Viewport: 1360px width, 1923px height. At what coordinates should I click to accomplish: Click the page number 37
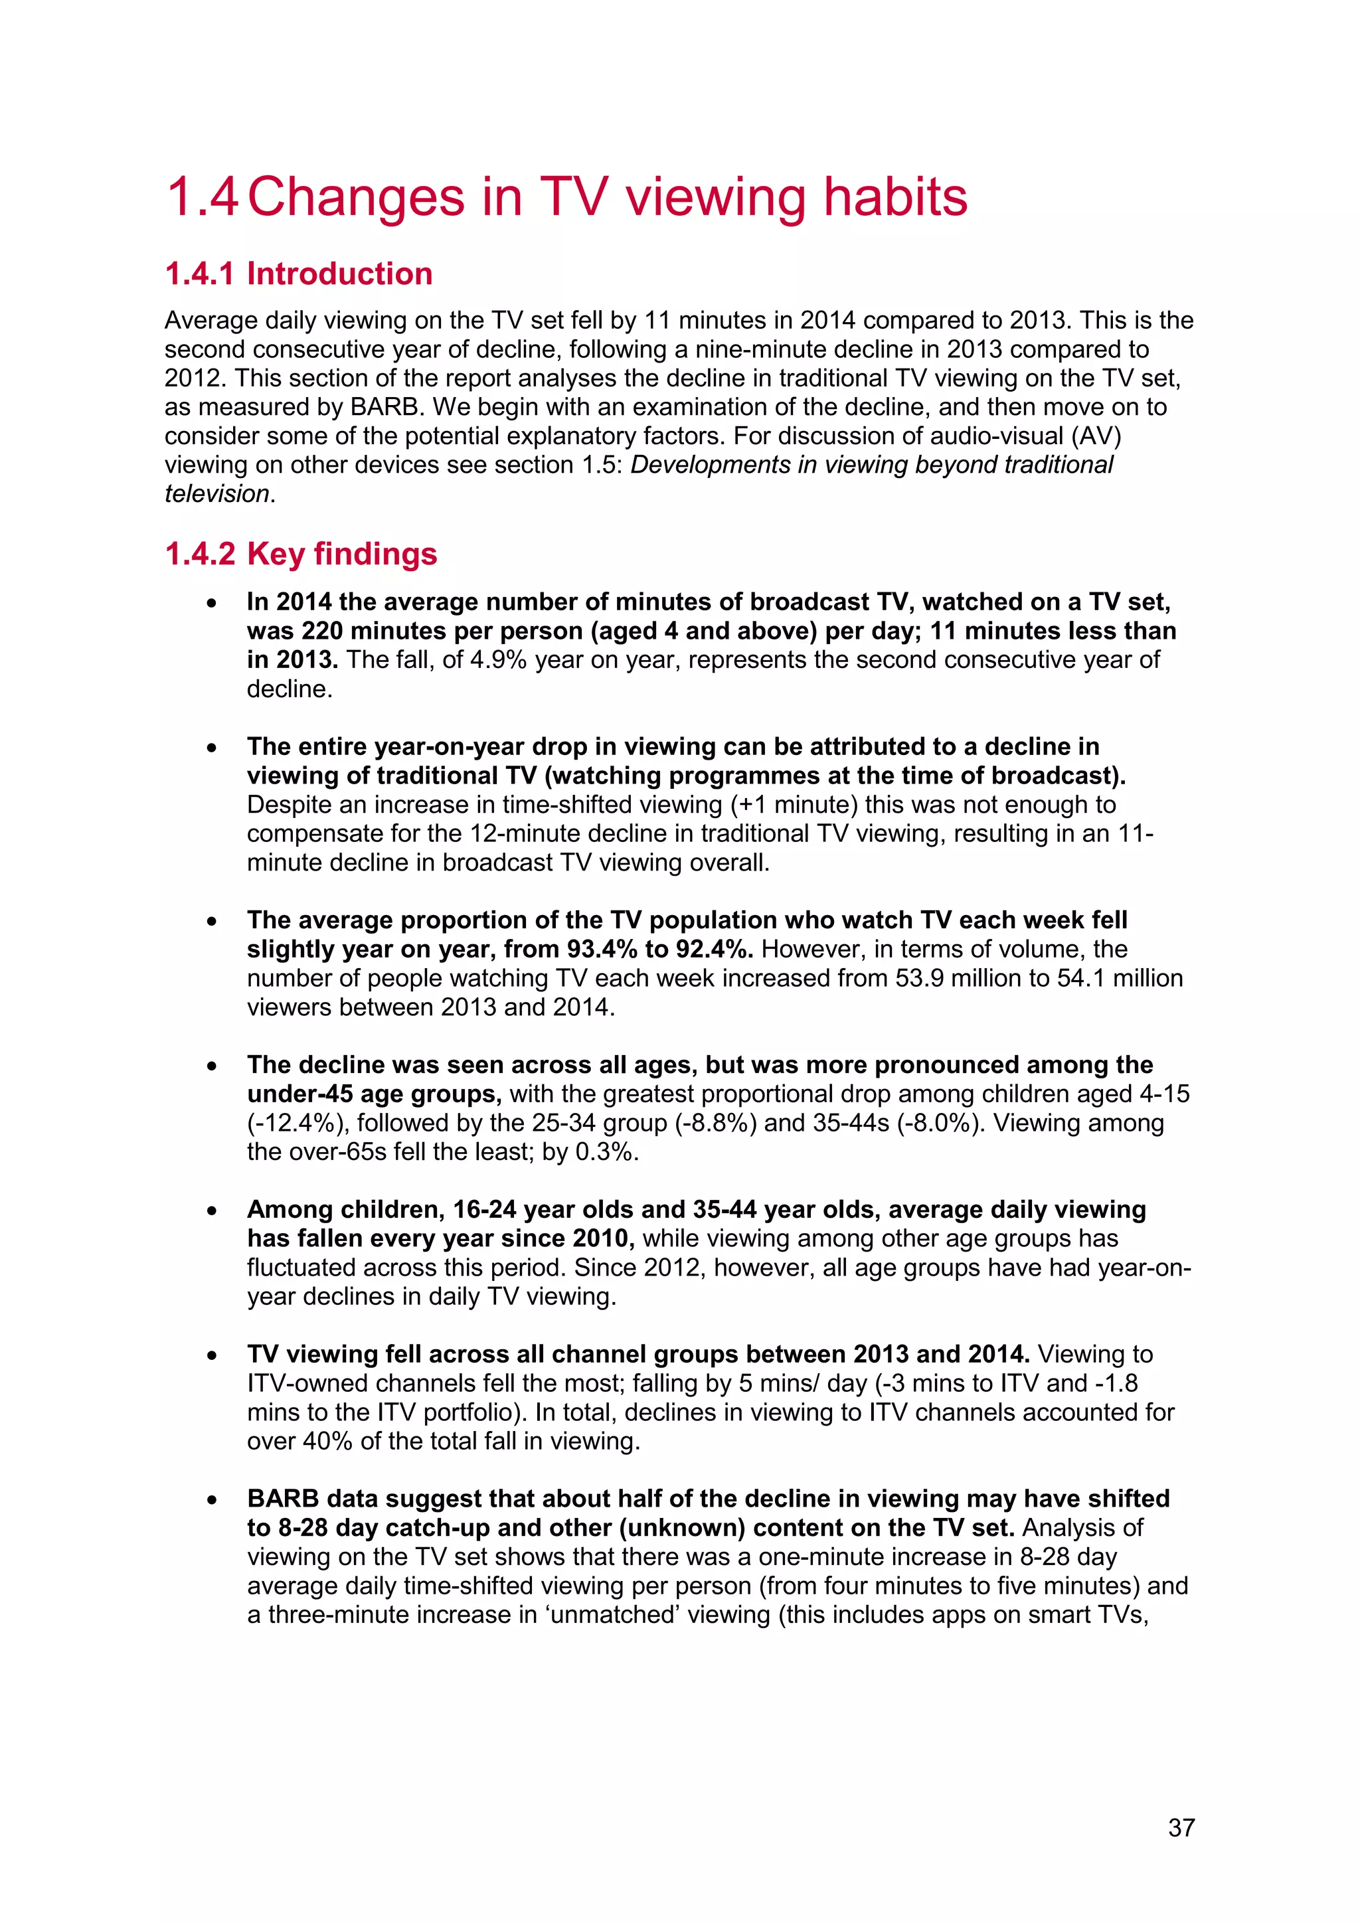[1181, 1827]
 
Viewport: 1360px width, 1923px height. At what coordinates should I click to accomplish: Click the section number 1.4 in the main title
[203, 198]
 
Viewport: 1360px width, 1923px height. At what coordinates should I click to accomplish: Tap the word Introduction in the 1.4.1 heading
[339, 274]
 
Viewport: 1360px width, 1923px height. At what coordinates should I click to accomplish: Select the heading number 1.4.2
[200, 554]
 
